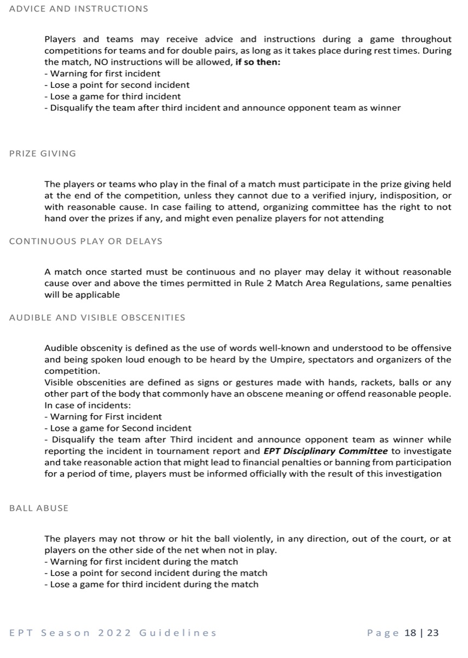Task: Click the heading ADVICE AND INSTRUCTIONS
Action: coord(79,9)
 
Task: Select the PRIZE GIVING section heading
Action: coord(43,154)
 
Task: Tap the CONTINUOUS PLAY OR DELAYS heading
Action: coord(86,241)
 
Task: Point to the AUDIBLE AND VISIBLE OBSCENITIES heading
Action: coord(98,317)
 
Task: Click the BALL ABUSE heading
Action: coord(39,508)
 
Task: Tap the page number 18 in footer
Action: coord(410,633)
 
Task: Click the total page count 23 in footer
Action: coord(433,633)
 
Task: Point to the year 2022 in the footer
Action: coord(115,633)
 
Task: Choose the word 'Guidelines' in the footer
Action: coord(178,633)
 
